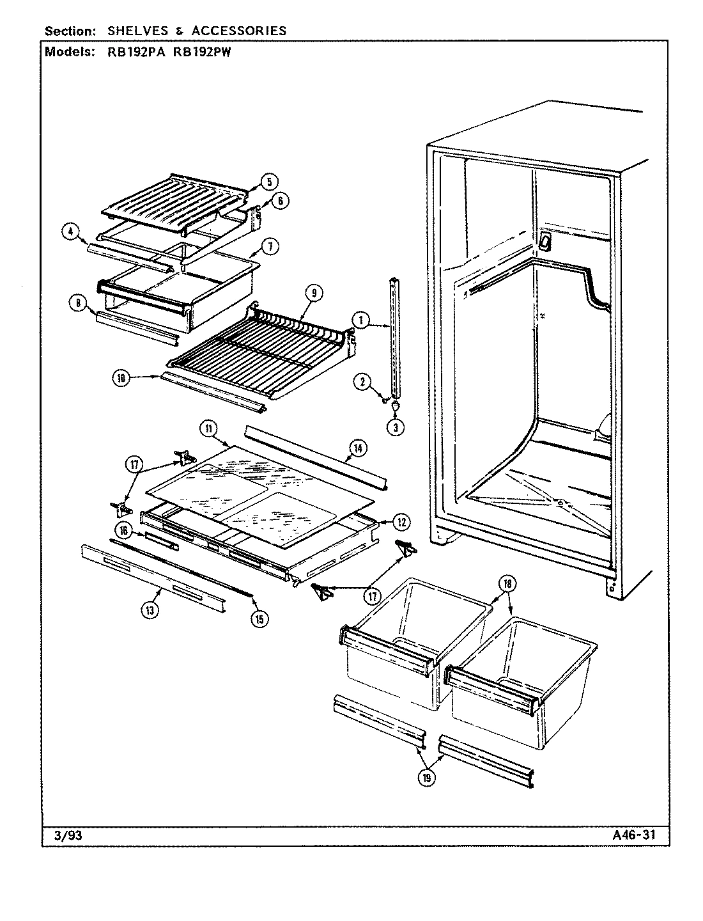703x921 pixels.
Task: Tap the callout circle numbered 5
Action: point(268,182)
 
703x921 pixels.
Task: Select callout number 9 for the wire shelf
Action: point(314,294)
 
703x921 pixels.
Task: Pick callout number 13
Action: point(150,611)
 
